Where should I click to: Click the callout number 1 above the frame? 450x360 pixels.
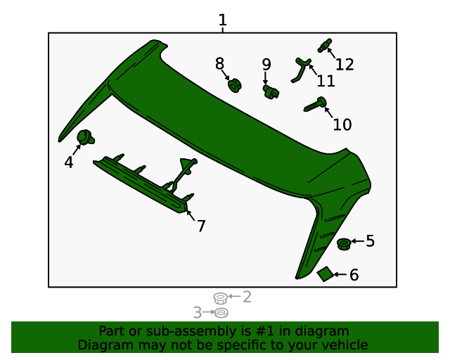pos(222,20)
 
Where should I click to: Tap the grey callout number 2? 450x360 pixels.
pos(247,297)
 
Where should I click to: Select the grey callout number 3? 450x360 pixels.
pos(198,311)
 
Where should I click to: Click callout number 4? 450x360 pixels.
pos(68,162)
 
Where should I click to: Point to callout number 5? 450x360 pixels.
pos(370,241)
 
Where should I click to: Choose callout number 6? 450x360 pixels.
pos(354,275)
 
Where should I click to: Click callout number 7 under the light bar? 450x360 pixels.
pos(201,226)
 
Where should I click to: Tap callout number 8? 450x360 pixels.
pos(220,64)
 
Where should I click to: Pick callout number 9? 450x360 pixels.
pos(266,65)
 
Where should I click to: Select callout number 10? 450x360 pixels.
pos(342,124)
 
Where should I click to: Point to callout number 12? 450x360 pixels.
pos(345,64)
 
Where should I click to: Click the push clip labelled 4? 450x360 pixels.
pos(86,137)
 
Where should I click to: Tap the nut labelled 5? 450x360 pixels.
pos(344,243)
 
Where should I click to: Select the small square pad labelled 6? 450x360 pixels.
pos(326,274)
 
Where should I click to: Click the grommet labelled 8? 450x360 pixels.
pos(235,86)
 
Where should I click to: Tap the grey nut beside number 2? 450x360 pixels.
pos(219,298)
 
